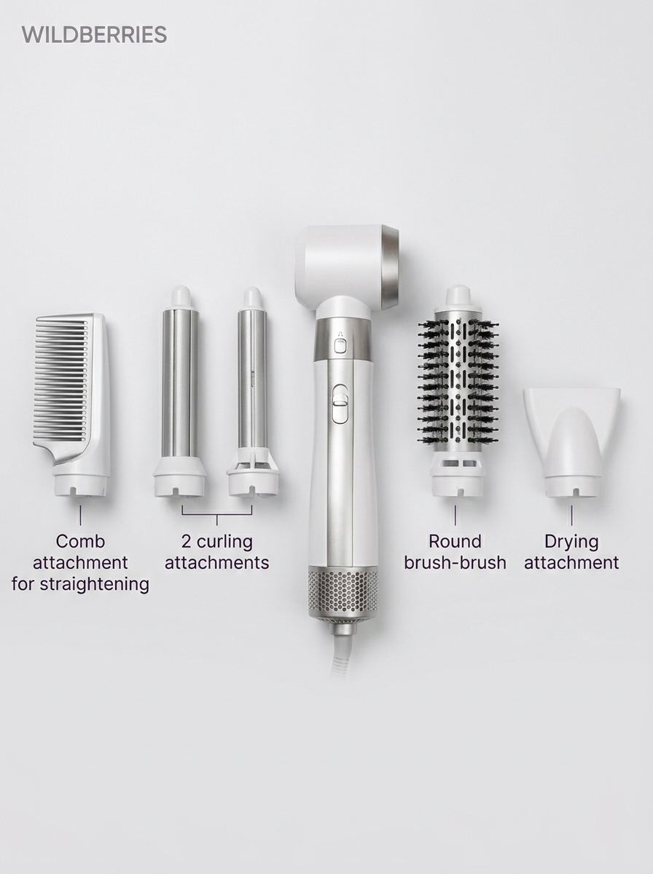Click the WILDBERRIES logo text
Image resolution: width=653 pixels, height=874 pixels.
pos(95,35)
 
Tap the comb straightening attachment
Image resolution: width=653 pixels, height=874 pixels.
pos(71,406)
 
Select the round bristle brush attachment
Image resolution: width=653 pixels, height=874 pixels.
pos(457,391)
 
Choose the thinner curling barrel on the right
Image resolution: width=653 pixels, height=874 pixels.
pos(251,392)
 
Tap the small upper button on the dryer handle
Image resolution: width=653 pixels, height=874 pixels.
pos(340,346)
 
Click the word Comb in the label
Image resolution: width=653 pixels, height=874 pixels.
pos(80,542)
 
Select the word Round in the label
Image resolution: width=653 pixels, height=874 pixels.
pos(455,542)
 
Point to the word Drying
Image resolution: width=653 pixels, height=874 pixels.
pos(571,543)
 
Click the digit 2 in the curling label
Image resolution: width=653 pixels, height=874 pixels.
pos(186,542)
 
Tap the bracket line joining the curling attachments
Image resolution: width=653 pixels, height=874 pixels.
pos(216,515)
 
